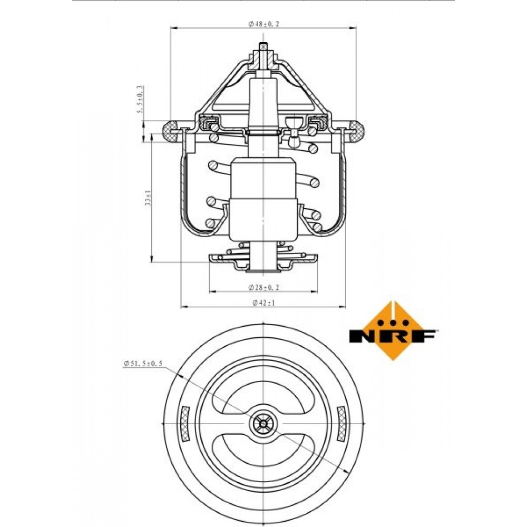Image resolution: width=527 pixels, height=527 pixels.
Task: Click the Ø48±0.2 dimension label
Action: point(263,24)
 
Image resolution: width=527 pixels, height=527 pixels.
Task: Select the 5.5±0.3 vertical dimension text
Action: point(141,100)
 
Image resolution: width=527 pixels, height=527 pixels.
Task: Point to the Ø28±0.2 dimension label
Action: point(263,287)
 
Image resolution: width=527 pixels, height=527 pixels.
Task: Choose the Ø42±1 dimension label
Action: point(263,303)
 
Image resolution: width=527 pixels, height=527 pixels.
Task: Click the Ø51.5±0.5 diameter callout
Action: point(143,363)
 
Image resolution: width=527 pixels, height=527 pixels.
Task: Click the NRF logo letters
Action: point(393,336)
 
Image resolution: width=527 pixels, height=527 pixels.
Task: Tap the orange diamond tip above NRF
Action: point(393,302)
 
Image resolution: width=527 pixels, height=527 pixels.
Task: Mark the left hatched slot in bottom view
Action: point(185,424)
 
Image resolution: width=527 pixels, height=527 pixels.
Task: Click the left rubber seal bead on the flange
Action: point(171,131)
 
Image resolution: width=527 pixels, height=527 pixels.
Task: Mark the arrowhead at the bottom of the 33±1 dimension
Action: point(152,258)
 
